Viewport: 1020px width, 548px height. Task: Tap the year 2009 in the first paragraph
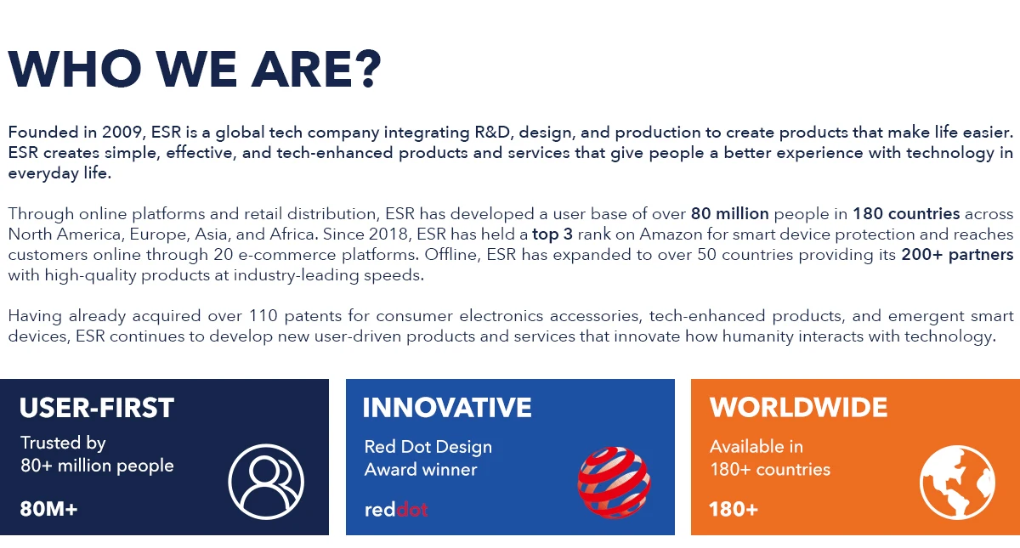pos(124,133)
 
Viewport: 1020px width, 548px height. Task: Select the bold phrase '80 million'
pos(729,213)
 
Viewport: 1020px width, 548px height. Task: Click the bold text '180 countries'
pos(906,213)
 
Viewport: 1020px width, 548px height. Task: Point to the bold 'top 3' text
pos(552,234)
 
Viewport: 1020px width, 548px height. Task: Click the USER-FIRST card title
pos(97,408)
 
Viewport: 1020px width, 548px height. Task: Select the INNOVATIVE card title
pos(447,408)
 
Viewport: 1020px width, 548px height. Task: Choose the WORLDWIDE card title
pos(798,408)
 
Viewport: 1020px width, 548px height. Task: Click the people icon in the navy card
pos(266,483)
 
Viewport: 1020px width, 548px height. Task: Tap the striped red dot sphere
pos(615,483)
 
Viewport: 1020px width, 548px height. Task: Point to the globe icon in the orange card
pos(957,483)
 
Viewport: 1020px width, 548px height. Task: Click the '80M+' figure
pos(48,510)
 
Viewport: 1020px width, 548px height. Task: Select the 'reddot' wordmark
pos(395,510)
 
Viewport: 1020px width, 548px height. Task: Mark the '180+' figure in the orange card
pos(733,510)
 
